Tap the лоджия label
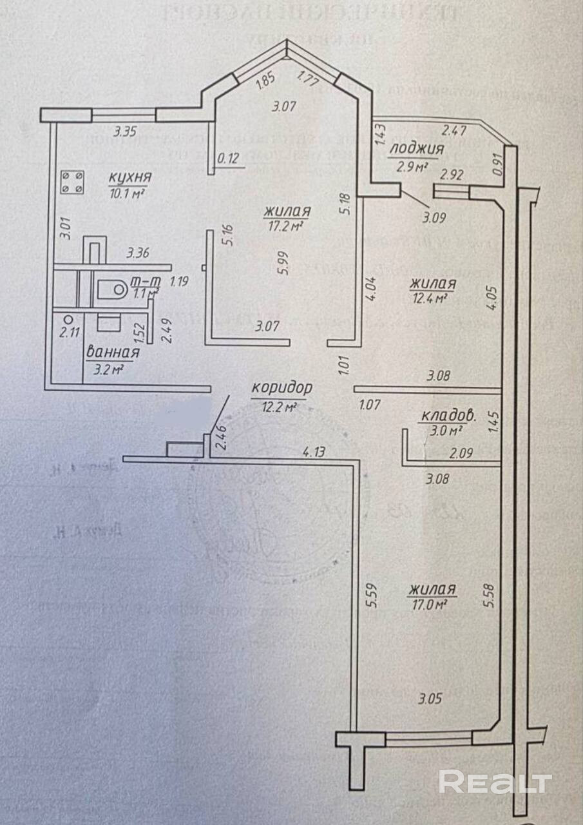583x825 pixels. [x=418, y=150]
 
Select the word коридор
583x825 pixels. [x=282, y=388]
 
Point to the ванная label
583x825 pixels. [x=113, y=353]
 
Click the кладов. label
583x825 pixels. [x=448, y=416]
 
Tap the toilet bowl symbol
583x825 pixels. [x=113, y=290]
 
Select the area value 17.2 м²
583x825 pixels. [x=284, y=226]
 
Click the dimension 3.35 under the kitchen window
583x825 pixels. [x=125, y=133]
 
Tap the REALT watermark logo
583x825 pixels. [x=495, y=782]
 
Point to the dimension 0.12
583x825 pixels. [x=229, y=157]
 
